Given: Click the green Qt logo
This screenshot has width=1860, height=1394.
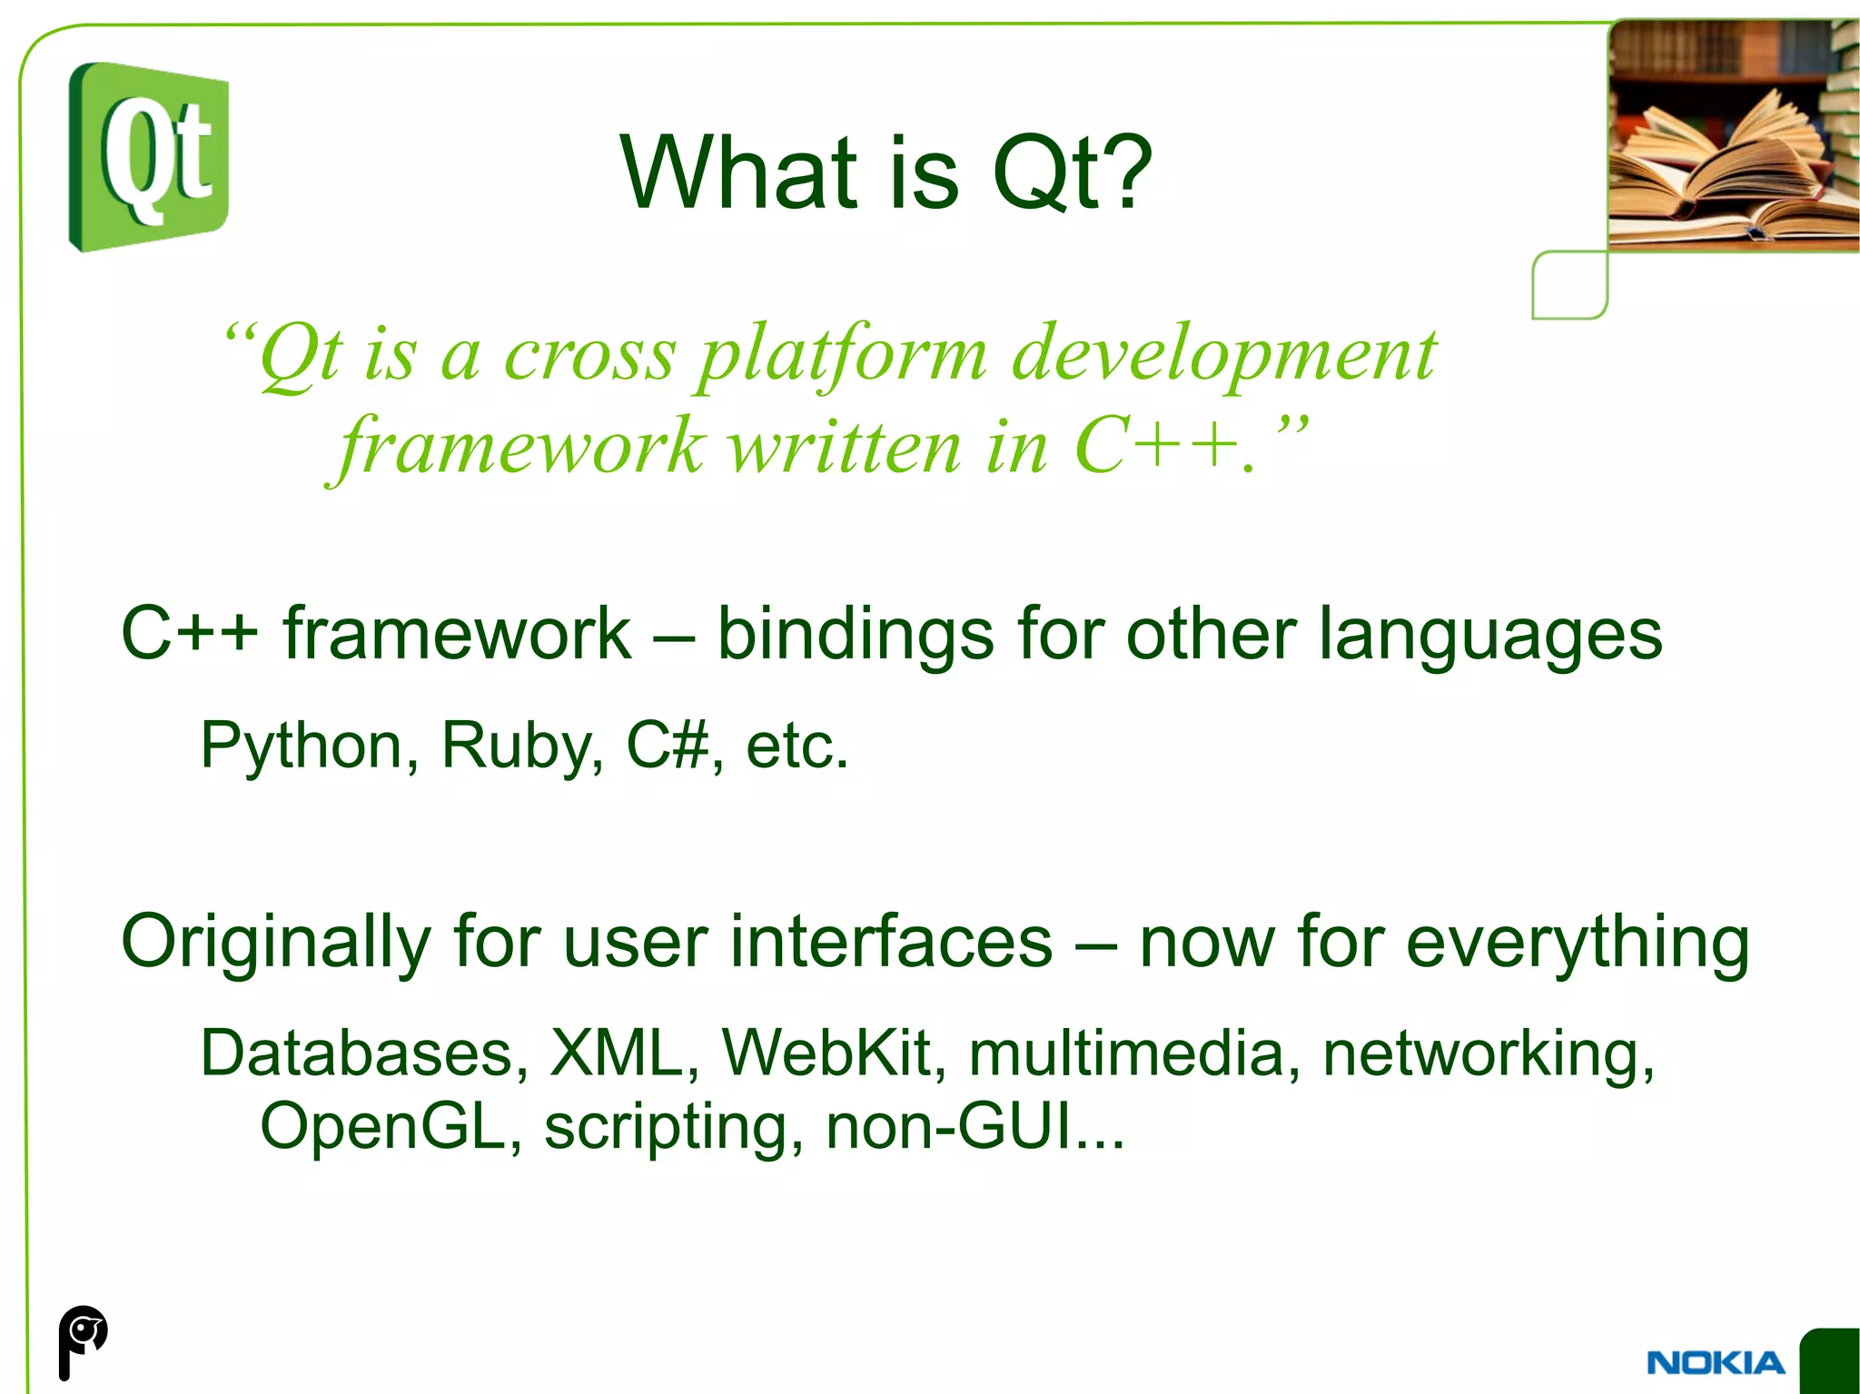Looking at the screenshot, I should [x=149, y=156].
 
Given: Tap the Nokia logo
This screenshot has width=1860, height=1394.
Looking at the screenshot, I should [x=1715, y=1362].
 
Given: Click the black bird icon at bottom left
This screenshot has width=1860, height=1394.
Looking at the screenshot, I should [x=83, y=1340].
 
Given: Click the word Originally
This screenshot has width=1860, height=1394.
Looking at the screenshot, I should [x=275, y=943].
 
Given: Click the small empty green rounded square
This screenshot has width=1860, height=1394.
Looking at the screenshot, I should [x=1569, y=285].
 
